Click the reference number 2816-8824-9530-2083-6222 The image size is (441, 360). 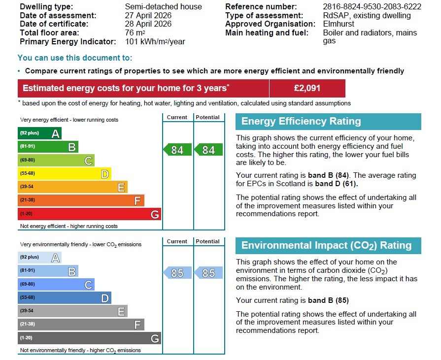point(372,7)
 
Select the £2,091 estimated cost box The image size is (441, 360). point(307,89)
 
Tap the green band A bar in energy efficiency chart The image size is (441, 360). point(39,133)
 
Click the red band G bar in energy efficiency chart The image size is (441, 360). point(89,214)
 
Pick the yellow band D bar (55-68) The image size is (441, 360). point(64,174)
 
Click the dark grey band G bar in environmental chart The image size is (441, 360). point(89,338)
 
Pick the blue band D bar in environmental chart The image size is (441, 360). point(64,298)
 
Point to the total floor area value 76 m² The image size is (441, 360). point(135,33)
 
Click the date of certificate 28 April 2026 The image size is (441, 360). point(148,24)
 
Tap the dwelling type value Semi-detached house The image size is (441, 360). point(163,7)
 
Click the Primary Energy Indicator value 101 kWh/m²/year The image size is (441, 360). point(155,42)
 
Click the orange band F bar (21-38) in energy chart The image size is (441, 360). point(81,200)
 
